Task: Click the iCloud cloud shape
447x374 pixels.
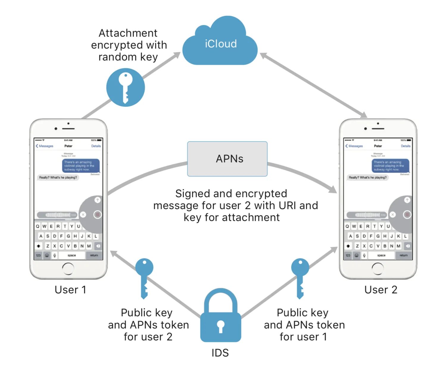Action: (220, 45)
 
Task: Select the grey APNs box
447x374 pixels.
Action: (227, 159)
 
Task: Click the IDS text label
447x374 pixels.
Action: (220, 353)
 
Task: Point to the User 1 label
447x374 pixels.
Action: (71, 290)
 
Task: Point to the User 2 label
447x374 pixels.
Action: (381, 290)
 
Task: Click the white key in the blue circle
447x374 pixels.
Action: (126, 87)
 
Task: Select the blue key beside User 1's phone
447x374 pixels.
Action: (144, 277)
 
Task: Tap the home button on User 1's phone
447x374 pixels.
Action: (68, 269)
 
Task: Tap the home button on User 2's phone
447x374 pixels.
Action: (378, 269)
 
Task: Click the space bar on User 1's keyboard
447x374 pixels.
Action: (72, 255)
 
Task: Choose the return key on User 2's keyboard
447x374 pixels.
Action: (404, 255)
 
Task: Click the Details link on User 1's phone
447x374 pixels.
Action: (96, 146)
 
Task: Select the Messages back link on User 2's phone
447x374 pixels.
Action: (354, 146)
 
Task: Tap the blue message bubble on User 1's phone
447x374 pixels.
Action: (80, 166)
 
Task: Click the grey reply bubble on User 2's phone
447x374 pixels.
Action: (368, 177)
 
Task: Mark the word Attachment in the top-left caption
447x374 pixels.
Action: (128, 33)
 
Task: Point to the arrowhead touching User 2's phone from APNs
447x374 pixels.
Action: (333, 189)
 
